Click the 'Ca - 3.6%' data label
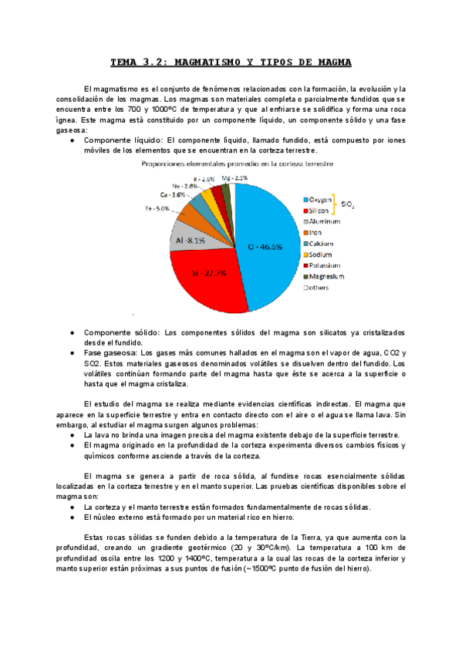point(174,195)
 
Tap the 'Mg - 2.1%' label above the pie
point(234,178)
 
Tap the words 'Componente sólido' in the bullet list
point(116,332)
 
